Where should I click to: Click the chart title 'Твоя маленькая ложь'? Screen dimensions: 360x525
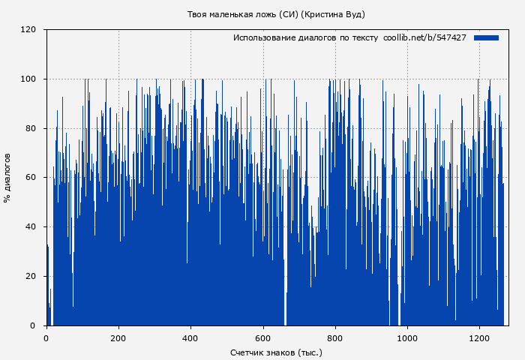232,14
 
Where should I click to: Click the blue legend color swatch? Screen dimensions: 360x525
486,37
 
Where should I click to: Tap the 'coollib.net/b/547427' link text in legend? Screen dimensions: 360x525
424,37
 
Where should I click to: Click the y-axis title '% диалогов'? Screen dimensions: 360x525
7,178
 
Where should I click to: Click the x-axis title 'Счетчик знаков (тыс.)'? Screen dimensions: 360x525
276,352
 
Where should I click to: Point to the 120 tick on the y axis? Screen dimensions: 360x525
28,30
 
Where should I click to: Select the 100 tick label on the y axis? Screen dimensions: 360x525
28,79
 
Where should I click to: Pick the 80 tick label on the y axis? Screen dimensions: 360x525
31,128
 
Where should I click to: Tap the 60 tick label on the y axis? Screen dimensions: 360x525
31,178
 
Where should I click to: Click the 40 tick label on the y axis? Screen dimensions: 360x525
31,227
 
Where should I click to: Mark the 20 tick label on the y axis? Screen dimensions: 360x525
31,277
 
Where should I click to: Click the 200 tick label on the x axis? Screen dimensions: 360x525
118,337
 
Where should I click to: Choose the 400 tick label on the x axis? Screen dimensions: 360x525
190,337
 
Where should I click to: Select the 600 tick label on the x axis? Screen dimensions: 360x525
263,337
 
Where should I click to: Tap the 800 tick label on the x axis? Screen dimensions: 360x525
335,337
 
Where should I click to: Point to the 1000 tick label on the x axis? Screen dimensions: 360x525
407,337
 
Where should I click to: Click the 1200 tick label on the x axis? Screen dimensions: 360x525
479,337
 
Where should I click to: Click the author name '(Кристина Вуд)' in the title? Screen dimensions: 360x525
333,14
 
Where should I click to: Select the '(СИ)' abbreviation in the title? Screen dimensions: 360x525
288,14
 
